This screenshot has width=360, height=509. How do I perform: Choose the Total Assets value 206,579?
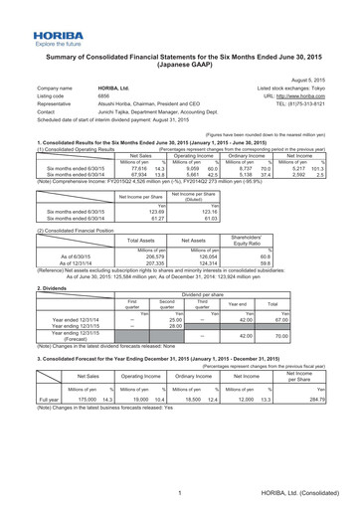[x=160, y=254]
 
